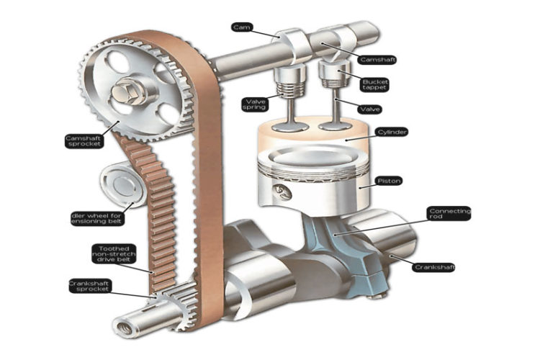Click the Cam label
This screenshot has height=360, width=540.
[241, 27]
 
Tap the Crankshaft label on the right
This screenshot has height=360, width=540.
[435, 267]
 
